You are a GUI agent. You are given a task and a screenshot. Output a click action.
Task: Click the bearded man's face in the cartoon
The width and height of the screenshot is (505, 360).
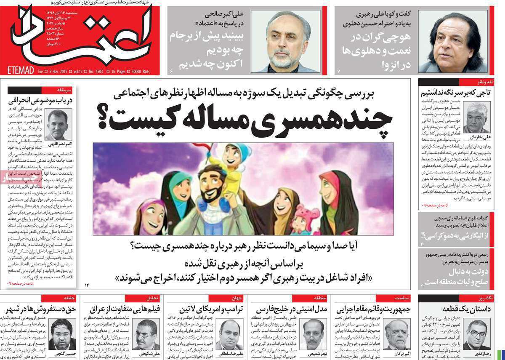pos(210,184)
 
